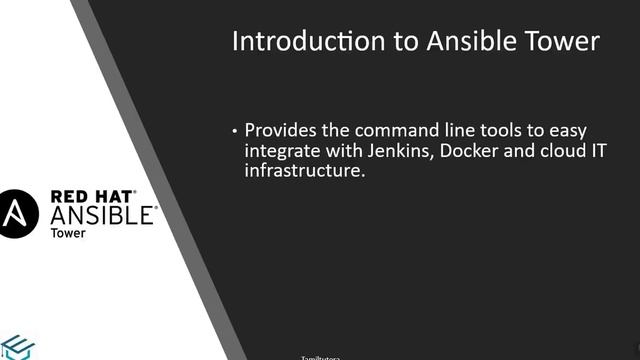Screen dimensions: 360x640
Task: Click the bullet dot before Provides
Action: [x=235, y=131]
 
